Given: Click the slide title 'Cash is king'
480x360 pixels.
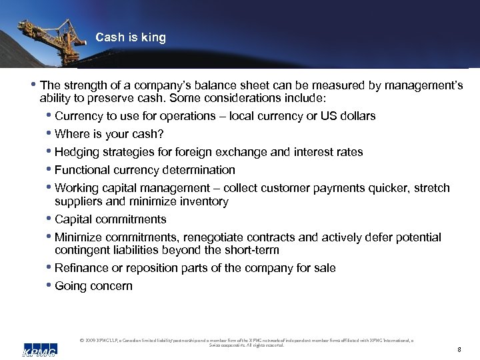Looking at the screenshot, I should (x=131, y=38).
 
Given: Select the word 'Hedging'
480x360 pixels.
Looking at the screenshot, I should (x=75, y=152).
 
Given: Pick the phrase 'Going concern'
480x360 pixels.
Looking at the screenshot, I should (x=93, y=286).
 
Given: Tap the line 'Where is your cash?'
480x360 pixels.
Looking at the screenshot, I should (x=109, y=134).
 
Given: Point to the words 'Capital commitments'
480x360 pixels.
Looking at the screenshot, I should (x=111, y=219).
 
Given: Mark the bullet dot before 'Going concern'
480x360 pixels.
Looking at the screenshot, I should (x=50, y=286).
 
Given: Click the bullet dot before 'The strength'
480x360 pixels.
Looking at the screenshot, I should (x=35, y=85).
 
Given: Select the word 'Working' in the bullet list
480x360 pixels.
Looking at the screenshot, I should (x=76, y=188).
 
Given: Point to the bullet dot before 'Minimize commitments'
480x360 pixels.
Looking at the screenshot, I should (x=50, y=237).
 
